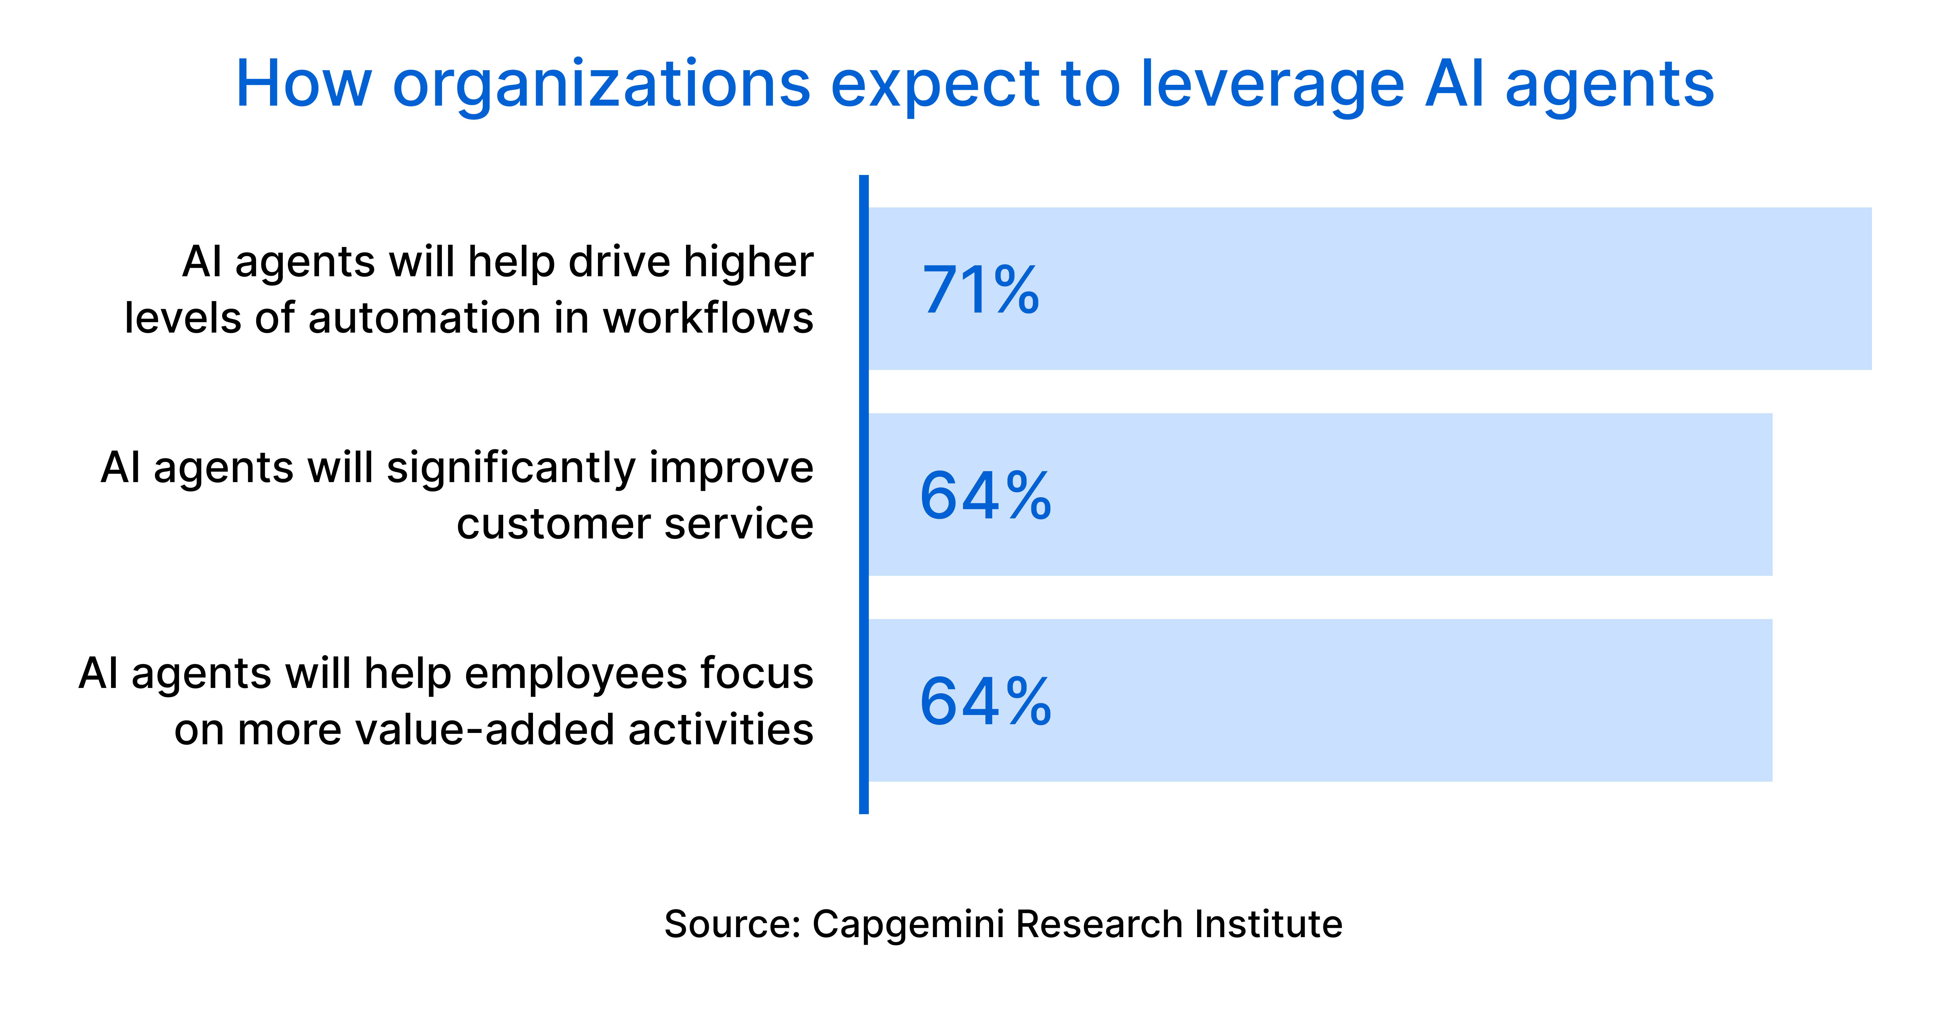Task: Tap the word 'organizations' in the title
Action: click(x=602, y=85)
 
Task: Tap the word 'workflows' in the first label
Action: click(x=708, y=318)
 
